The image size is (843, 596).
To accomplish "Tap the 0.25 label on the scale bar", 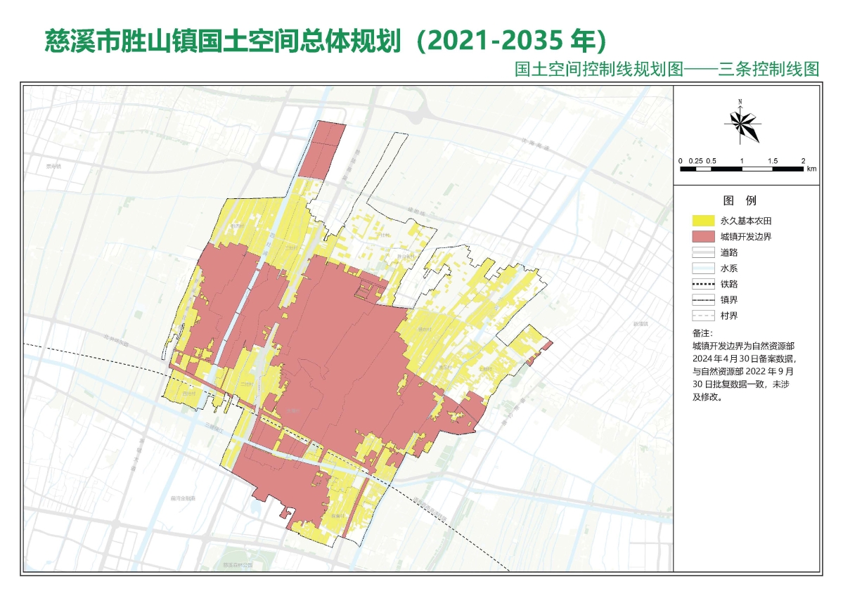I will [695, 161].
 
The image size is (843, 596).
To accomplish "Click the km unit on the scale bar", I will [811, 169].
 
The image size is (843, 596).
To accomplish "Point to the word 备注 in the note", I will [702, 333].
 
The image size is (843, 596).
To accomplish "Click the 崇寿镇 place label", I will [53, 167].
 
